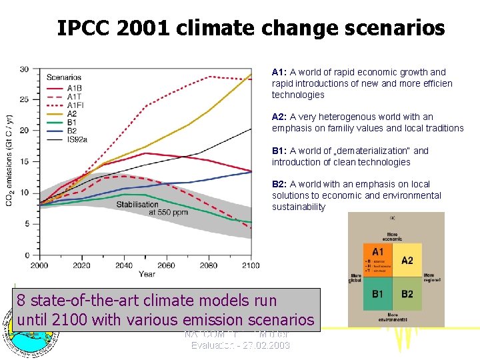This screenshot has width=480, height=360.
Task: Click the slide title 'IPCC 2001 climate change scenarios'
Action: pyautogui.click(x=251, y=28)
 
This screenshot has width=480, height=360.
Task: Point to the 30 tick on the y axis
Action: pyautogui.click(x=24, y=69)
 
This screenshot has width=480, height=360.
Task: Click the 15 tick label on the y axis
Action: pyautogui.click(x=24, y=161)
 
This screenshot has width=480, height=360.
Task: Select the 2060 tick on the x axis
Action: pyautogui.click(x=166, y=265)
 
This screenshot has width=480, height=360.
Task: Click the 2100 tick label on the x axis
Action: pyautogui.click(x=251, y=265)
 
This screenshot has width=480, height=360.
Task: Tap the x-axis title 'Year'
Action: pyautogui.click(x=147, y=274)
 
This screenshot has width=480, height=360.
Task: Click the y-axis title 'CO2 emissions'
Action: pyautogui.click(x=9, y=160)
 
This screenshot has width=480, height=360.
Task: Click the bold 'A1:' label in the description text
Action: pyautogui.click(x=279, y=72)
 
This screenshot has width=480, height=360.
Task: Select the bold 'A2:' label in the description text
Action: pyautogui.click(x=279, y=117)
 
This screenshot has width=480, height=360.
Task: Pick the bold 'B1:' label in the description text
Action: pyautogui.click(x=279, y=151)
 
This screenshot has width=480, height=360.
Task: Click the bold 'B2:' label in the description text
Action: pyautogui.click(x=279, y=184)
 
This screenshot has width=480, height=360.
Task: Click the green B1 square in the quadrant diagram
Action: pyautogui.click(x=378, y=294)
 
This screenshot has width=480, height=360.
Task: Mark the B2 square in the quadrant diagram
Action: pyautogui.click(x=407, y=294)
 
